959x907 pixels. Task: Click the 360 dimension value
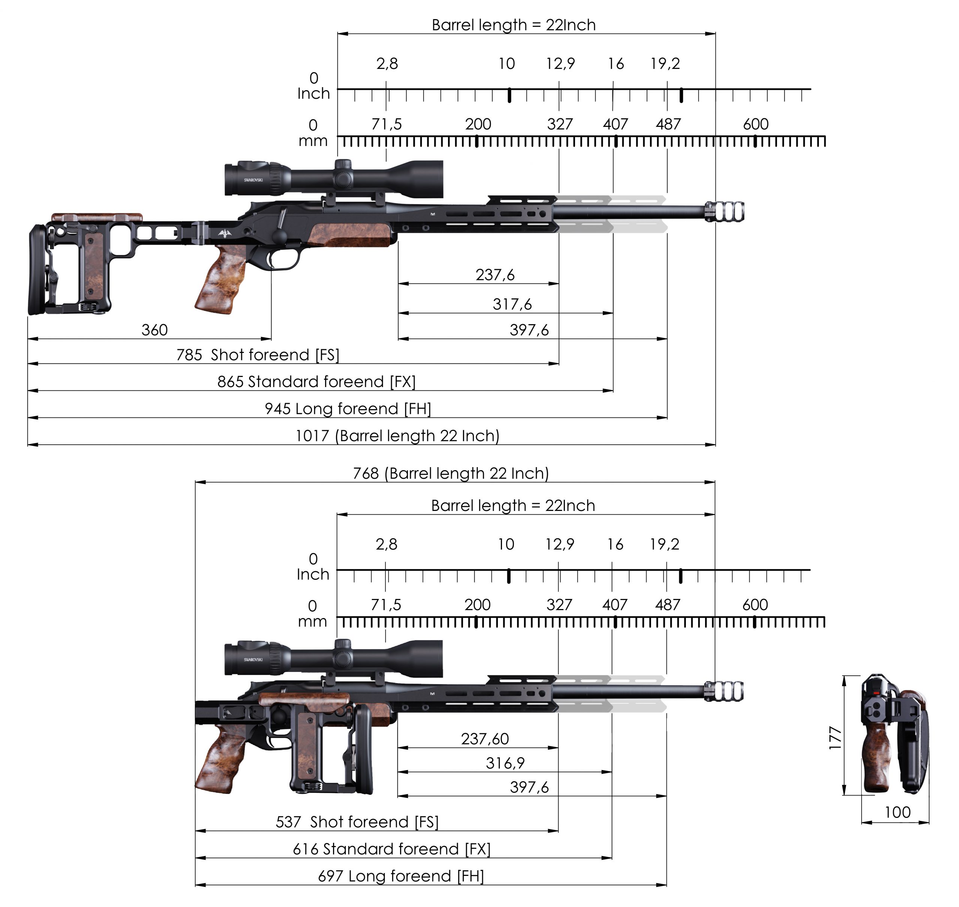click(154, 330)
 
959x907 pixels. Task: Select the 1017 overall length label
click(397, 436)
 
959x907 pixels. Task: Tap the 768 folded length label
click(451, 473)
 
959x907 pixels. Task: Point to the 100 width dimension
click(897, 812)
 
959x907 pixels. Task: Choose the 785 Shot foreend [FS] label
click(257, 355)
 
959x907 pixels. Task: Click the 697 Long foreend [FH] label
click(400, 876)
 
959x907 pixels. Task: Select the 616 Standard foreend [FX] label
click(391, 849)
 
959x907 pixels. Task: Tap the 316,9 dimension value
click(505, 763)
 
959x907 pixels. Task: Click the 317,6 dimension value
click(512, 304)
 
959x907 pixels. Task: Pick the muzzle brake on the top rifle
click(725, 212)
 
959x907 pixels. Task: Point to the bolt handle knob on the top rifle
click(280, 237)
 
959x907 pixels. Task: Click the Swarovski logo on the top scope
click(253, 180)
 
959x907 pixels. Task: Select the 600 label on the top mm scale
click(755, 124)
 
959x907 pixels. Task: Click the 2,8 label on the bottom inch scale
click(386, 544)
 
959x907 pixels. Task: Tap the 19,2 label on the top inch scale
click(665, 64)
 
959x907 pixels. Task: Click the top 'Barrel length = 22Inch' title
click(513, 25)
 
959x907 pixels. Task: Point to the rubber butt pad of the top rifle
click(37, 268)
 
